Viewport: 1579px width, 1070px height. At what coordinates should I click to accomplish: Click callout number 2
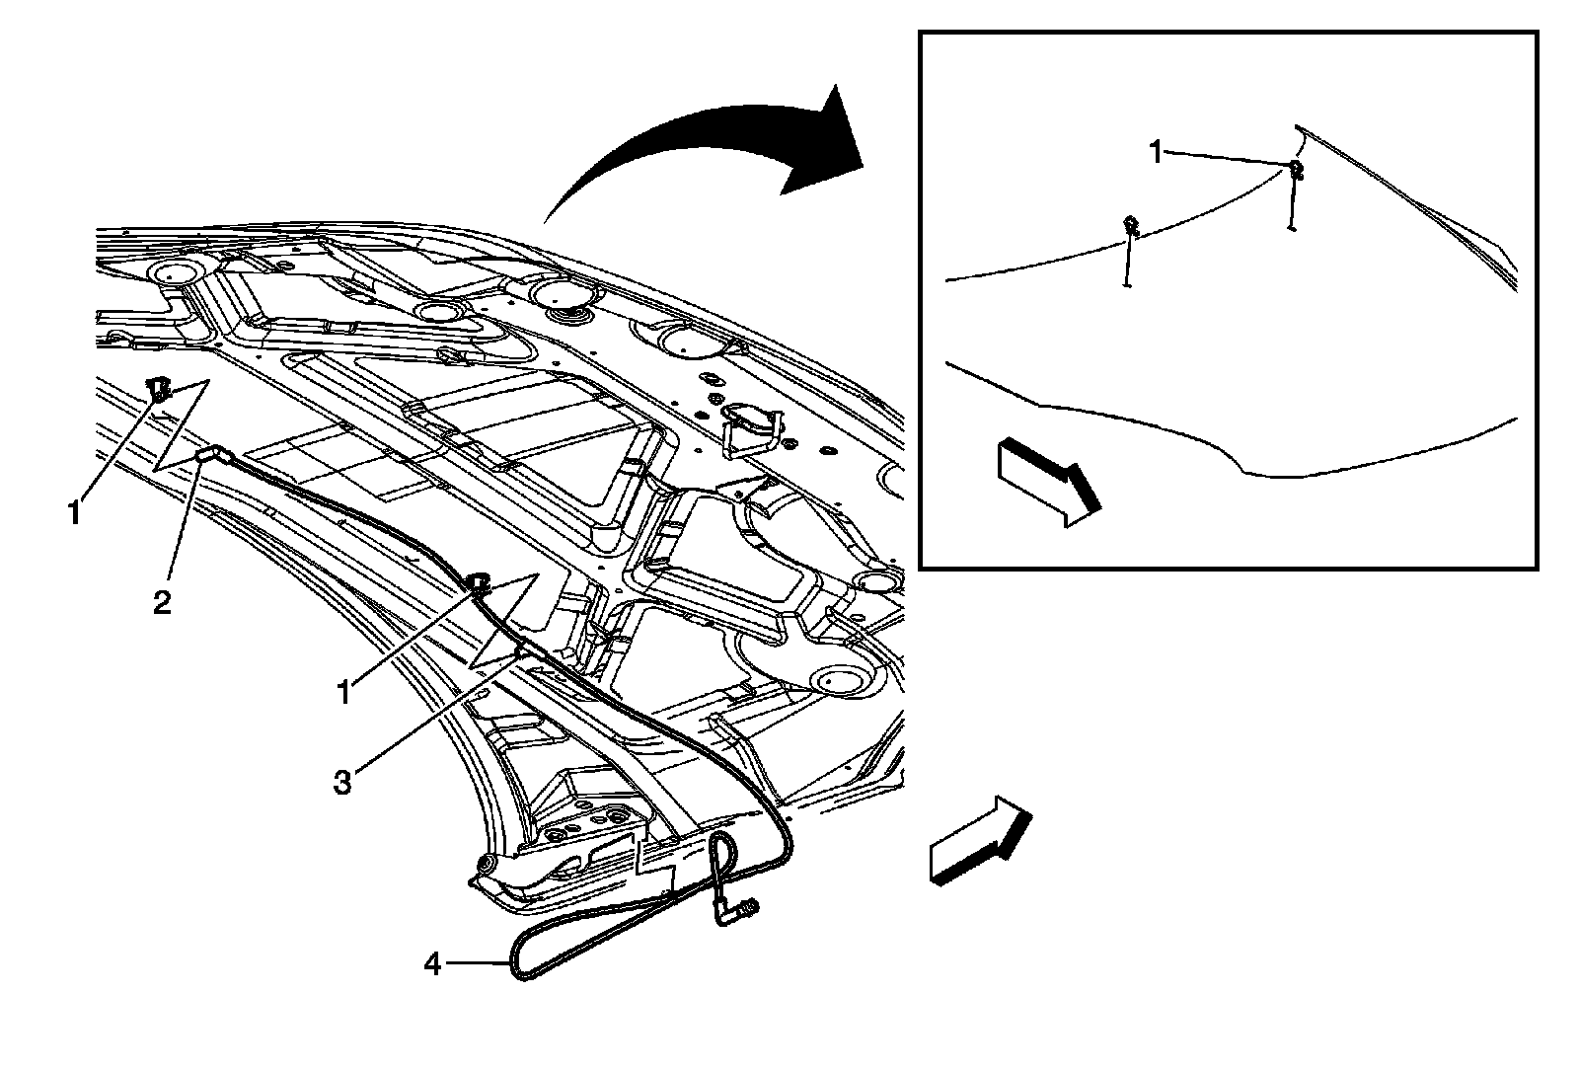[162, 602]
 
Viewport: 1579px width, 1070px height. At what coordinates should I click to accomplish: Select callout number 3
[341, 783]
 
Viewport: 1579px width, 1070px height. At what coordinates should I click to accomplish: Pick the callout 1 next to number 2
[74, 512]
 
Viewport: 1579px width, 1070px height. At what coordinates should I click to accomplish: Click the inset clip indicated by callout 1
[1297, 171]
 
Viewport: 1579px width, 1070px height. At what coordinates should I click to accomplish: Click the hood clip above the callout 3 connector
[481, 582]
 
